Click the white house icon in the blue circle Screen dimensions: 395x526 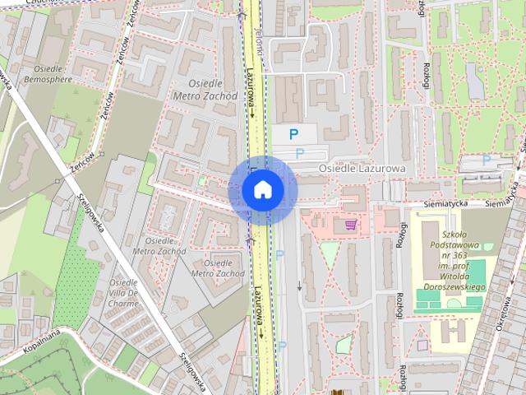263,190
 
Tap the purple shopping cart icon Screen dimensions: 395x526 351,223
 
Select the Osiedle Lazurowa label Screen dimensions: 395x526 362,168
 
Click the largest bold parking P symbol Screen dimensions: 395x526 292,132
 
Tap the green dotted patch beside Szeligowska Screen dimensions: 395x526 71,272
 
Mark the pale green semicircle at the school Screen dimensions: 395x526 453,304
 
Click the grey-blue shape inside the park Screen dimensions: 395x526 475,78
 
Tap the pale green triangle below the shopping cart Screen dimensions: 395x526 328,256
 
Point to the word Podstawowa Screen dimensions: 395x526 453,244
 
